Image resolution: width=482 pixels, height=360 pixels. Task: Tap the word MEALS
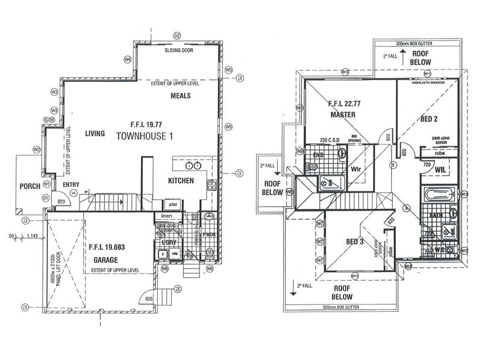coord(181,96)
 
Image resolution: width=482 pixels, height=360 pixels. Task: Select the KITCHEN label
coord(181,180)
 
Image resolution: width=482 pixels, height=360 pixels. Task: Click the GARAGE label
coord(105,259)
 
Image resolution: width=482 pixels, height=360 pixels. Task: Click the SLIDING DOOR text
coord(179,51)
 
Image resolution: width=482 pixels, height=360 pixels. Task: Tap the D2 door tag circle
coord(177,36)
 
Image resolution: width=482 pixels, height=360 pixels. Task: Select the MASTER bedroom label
coord(342,114)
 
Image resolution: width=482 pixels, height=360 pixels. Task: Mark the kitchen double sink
coord(193,165)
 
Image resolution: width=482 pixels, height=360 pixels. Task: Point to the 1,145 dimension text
coord(33,235)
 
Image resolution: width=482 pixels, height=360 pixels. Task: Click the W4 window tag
coord(127,60)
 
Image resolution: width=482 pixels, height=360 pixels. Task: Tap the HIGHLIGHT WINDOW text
coord(428,82)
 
